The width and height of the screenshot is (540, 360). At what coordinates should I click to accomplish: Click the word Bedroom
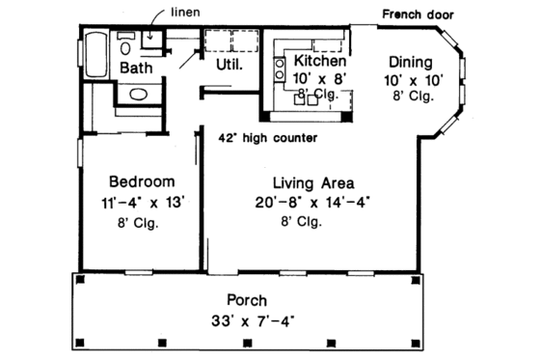coord(141,181)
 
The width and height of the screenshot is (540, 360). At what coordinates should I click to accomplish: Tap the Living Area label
coord(312,181)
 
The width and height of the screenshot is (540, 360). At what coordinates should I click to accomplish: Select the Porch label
coord(247,300)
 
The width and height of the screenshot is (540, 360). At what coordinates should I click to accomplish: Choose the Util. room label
coord(228,66)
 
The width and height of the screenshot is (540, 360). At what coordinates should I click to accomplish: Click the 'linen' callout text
coord(185,13)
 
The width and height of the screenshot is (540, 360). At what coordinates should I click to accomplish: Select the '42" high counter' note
coord(268,138)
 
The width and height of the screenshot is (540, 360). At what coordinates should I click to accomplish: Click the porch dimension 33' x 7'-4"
coord(247,320)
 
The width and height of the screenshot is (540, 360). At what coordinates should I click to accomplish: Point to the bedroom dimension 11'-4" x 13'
coord(141,203)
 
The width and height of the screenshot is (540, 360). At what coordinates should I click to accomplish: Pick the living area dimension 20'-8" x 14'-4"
coord(313,203)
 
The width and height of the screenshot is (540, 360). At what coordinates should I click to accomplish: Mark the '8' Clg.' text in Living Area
coord(302,222)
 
